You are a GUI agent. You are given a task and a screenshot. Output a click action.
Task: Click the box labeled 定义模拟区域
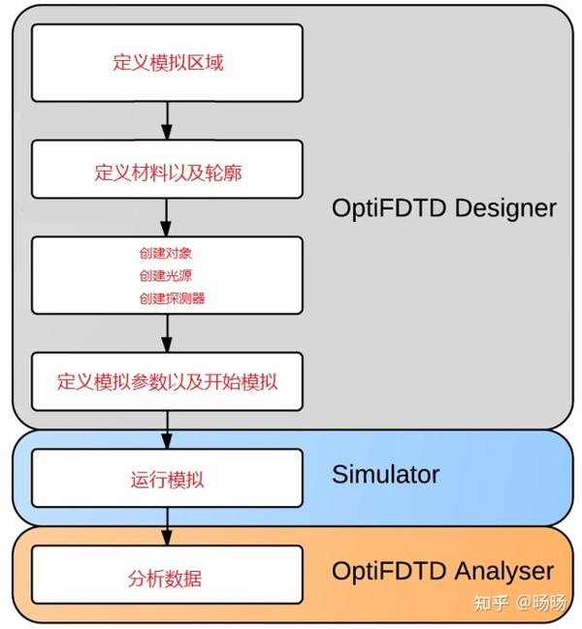167,63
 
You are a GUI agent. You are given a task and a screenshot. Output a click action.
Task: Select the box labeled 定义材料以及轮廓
167,172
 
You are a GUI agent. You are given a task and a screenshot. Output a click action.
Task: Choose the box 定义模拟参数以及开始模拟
167,381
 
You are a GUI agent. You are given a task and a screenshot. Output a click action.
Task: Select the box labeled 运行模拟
167,478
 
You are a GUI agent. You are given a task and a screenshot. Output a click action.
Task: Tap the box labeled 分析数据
167,578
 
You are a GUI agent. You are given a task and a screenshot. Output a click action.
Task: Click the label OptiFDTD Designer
444,207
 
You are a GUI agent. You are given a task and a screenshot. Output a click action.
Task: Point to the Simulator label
385,474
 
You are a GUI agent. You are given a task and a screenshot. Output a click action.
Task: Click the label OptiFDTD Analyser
442,571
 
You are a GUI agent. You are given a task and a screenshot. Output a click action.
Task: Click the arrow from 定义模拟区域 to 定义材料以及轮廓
167,120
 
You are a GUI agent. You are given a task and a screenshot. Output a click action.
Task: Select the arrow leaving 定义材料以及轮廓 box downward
167,216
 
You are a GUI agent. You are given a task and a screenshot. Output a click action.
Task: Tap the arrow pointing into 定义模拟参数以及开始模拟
167,333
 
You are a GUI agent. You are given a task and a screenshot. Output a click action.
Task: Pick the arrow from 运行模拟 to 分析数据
167,526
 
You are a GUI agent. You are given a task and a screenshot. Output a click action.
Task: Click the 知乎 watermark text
490,603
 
